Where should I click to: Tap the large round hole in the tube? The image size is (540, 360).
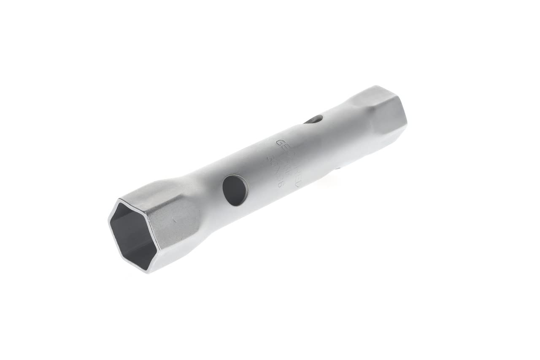(x=235, y=190)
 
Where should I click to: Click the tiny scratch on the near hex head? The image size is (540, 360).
(x=174, y=219)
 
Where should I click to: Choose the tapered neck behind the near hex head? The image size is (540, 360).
(x=202, y=198)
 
